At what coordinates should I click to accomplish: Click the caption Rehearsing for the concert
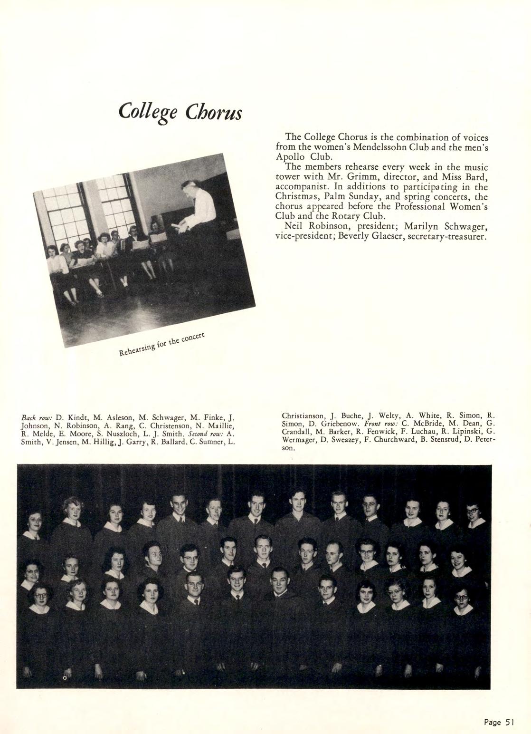161,345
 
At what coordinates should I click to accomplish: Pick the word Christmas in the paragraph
297,197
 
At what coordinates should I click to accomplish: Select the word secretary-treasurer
444,236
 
